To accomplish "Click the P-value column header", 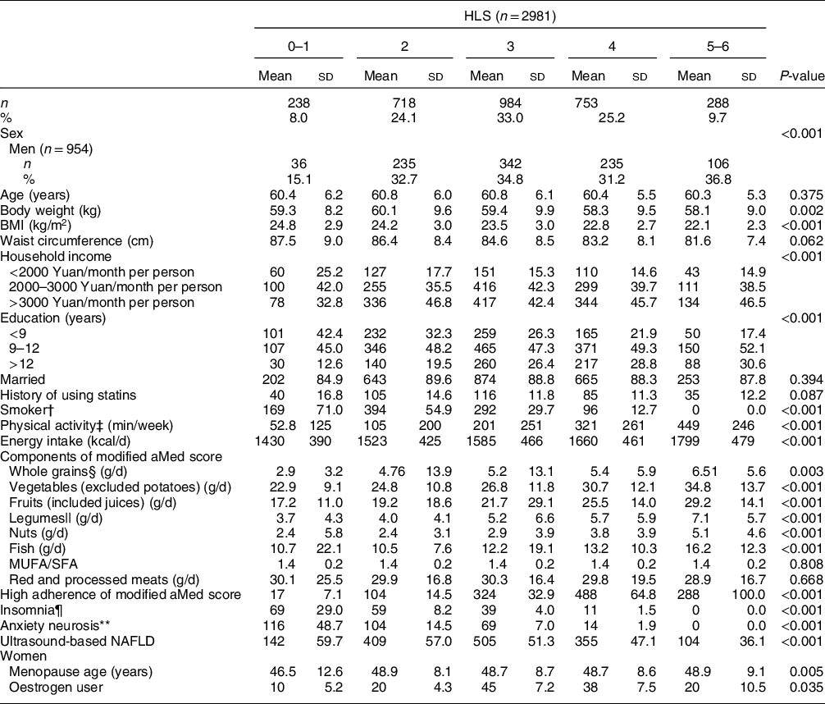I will [800, 76].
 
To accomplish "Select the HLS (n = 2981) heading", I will [509, 15].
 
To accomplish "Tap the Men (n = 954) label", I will [51, 149].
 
